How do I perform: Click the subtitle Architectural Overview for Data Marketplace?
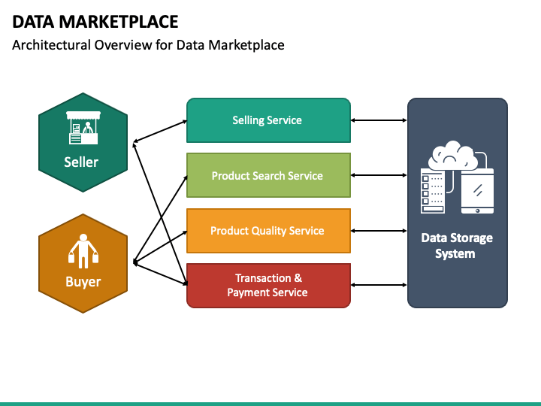click(148, 45)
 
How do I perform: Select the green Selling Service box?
click(267, 120)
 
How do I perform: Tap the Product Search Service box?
click(267, 175)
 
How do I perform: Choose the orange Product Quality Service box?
click(267, 231)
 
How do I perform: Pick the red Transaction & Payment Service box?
click(267, 286)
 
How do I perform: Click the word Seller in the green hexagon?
click(81, 162)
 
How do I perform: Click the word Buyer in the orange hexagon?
click(83, 282)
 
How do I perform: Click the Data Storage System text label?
click(457, 246)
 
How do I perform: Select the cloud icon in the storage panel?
click(452, 156)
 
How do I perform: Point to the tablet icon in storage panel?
click(477, 192)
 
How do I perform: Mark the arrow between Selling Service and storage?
click(379, 120)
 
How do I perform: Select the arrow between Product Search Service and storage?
click(379, 175)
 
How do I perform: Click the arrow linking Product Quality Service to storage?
click(379, 231)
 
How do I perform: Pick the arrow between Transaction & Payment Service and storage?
click(379, 286)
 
